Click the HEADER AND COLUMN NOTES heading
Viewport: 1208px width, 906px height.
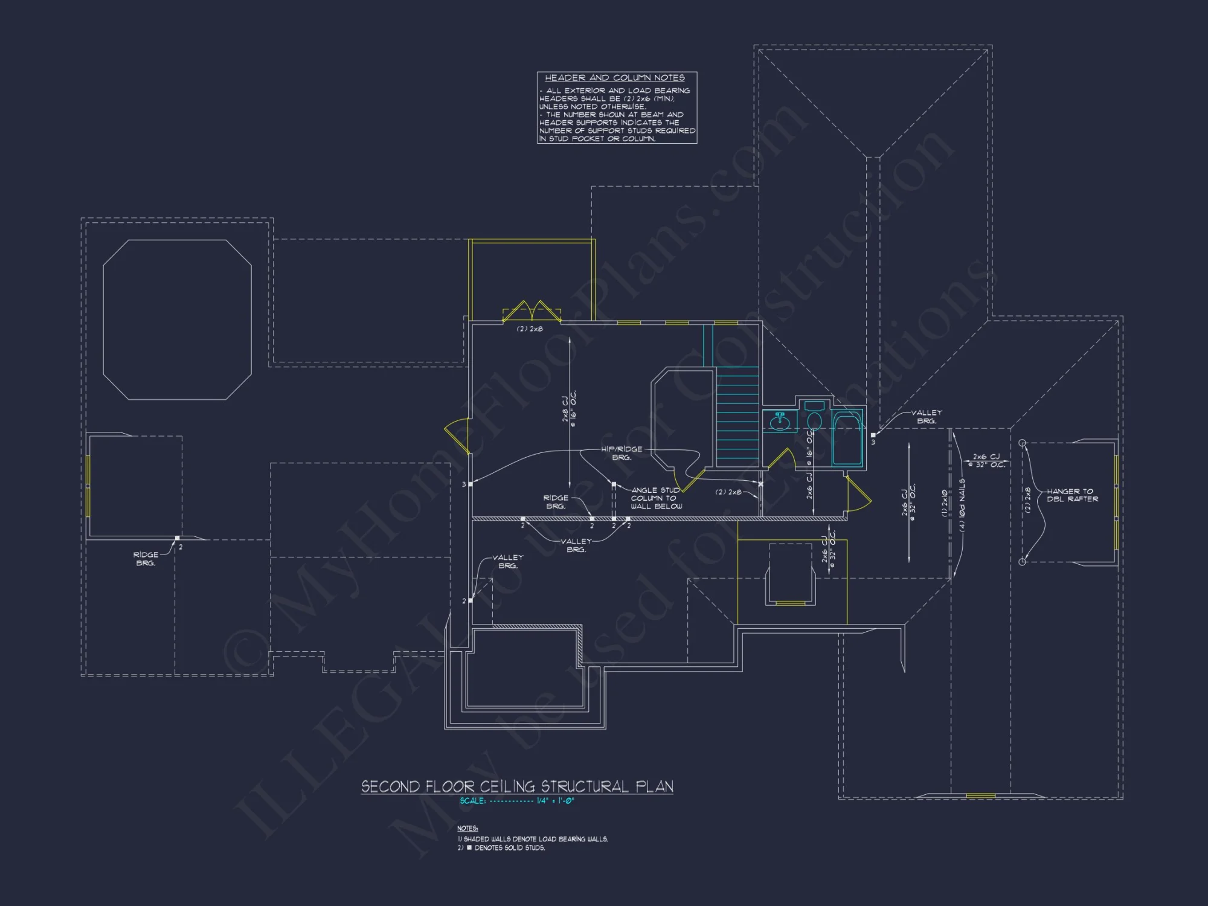614,78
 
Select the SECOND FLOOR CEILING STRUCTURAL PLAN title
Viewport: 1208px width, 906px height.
517,786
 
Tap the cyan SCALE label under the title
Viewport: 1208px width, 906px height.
472,801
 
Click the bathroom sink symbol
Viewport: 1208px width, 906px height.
780,420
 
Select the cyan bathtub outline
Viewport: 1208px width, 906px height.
847,439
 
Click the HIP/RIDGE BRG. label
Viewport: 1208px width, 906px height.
622,453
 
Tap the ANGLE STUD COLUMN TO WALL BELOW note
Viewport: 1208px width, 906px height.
656,498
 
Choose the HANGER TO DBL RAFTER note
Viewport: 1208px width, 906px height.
1072,495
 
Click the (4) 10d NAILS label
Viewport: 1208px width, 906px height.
962,505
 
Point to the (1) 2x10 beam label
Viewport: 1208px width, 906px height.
945,503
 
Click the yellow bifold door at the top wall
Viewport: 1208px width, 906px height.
532,311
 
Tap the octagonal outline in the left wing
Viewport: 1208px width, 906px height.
177,320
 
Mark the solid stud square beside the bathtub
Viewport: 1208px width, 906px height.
873,435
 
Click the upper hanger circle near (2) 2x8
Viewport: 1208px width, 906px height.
1022,443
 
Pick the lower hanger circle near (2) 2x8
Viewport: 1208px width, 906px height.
1022,562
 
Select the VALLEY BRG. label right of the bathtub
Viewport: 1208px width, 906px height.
926,417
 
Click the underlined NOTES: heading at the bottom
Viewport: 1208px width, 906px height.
467,828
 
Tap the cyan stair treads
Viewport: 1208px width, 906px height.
737,417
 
